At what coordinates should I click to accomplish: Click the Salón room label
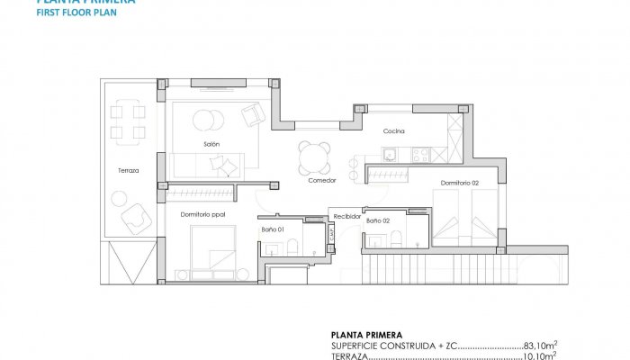pyautogui.click(x=211, y=144)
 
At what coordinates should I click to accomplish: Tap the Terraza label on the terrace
pyautogui.click(x=127, y=170)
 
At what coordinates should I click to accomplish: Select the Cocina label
pyautogui.click(x=393, y=131)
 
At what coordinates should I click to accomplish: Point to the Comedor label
pyautogui.click(x=321, y=180)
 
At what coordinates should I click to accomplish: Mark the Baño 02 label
pyautogui.click(x=377, y=220)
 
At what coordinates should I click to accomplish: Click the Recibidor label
pyautogui.click(x=347, y=216)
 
